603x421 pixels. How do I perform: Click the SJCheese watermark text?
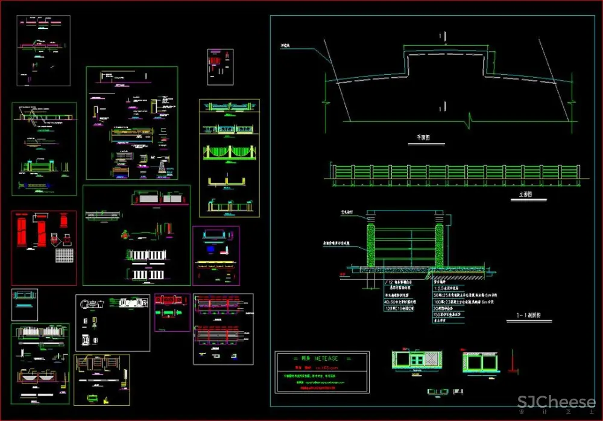(556, 402)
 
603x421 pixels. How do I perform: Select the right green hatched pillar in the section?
(438, 241)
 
